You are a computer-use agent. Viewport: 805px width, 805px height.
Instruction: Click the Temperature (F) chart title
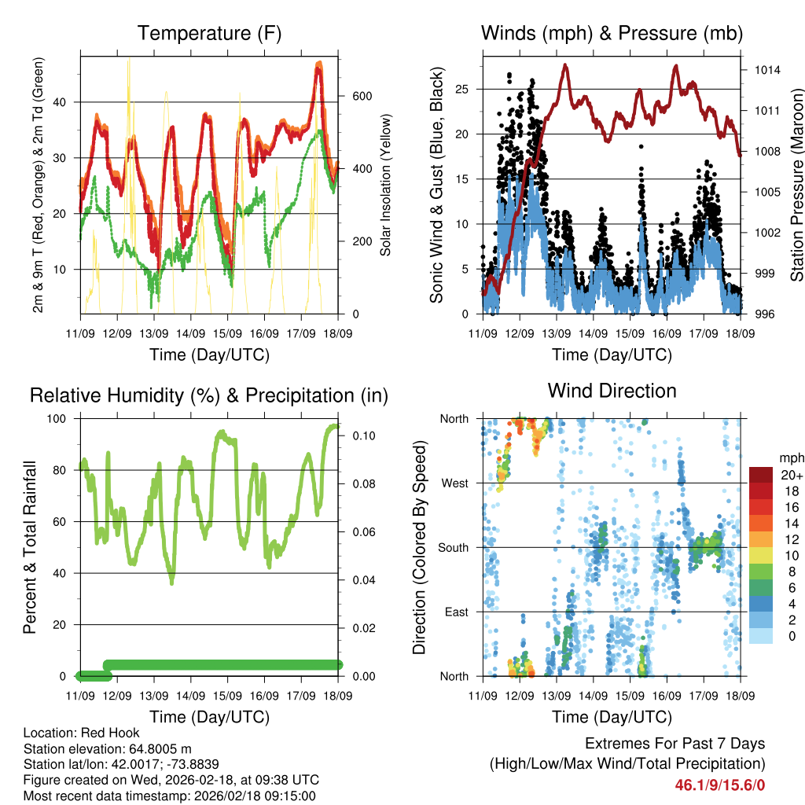coord(209,33)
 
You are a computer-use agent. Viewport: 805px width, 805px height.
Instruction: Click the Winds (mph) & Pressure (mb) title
coord(612,33)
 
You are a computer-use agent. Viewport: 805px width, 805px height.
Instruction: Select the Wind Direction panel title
coord(612,391)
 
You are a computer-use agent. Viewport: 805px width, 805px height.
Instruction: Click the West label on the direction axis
coord(455,483)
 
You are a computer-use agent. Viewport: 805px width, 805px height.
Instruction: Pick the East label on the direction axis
coord(457,612)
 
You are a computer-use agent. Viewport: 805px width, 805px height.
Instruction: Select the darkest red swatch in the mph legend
coord(761,475)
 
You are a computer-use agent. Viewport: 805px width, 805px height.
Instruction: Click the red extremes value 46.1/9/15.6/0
coord(719,785)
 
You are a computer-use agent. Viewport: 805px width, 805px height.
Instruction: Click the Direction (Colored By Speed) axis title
coord(419,547)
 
